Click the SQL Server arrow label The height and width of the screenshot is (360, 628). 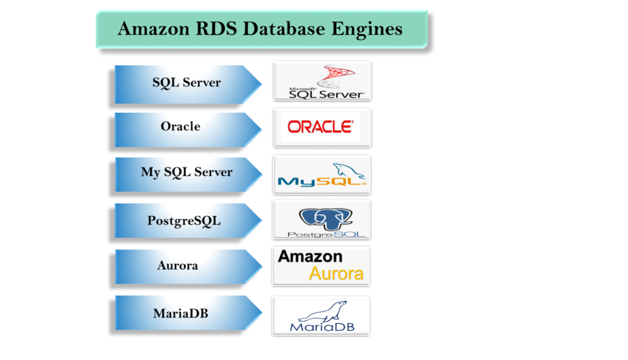tap(186, 82)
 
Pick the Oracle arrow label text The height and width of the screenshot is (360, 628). tap(180, 126)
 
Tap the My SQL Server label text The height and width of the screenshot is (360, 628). tap(186, 172)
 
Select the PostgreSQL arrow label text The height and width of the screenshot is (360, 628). tap(183, 220)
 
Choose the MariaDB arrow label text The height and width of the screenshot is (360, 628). tap(180, 313)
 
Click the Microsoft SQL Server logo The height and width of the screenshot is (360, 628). tap(322, 82)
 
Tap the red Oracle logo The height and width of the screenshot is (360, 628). tap(321, 127)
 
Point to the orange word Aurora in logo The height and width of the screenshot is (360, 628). tap(336, 274)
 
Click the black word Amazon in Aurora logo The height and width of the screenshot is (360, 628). tap(310, 256)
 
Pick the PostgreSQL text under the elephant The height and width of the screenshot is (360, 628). tap(322, 234)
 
